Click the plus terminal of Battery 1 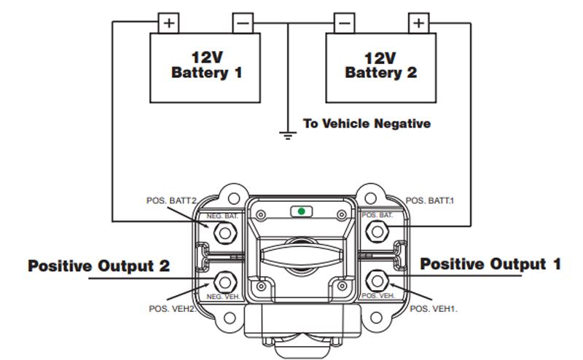[x=169, y=23]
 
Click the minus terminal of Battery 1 [x=243, y=23]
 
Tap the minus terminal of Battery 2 [x=344, y=23]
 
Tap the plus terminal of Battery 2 [x=418, y=23]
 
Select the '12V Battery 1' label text [x=206, y=66]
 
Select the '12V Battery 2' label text [x=380, y=66]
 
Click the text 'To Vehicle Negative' [x=367, y=123]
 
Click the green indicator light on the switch [x=300, y=211]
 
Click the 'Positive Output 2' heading [x=99, y=266]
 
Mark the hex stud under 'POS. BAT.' [x=377, y=232]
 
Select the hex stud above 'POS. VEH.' [x=377, y=280]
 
